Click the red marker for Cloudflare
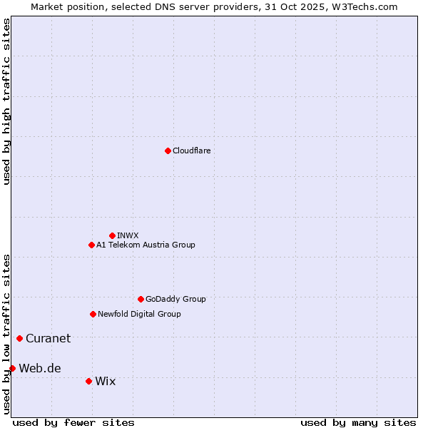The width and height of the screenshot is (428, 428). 168,151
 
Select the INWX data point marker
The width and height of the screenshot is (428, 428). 112,235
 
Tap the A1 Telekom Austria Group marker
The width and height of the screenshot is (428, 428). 91,245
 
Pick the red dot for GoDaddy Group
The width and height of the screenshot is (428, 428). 141,299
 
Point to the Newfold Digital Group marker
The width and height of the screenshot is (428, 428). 93,314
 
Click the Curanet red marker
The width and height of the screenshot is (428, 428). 19,338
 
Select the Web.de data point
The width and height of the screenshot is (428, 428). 12,368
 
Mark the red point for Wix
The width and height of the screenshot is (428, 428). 88,381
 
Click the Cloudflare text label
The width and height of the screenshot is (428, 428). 192,151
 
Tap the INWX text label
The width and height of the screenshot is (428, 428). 128,235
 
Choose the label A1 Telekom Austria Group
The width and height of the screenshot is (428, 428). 146,245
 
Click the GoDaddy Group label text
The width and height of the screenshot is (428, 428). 175,299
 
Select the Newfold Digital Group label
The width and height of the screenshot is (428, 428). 139,314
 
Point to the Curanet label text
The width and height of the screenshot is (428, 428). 48,338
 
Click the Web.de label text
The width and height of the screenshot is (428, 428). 40,368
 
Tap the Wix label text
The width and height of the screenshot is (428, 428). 105,381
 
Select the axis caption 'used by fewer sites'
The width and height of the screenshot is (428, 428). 73,422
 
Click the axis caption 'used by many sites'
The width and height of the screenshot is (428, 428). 357,422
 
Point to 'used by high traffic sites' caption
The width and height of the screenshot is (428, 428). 6,101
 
